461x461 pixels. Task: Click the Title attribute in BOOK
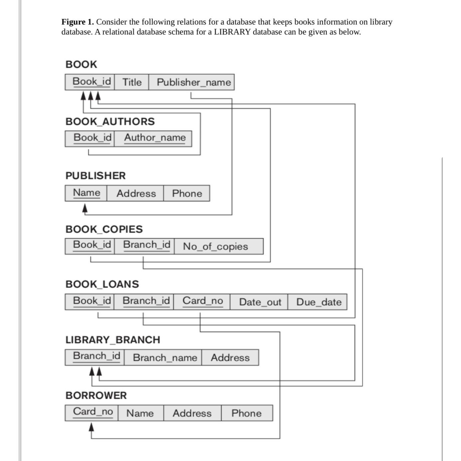click(x=132, y=82)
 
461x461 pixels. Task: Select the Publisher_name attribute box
click(x=193, y=82)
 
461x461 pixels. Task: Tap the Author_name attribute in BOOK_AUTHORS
click(x=155, y=138)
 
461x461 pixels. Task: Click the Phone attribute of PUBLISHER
click(x=187, y=193)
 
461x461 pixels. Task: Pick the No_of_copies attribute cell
click(x=215, y=246)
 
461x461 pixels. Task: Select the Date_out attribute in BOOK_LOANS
click(x=260, y=302)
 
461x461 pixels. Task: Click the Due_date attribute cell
click(x=319, y=302)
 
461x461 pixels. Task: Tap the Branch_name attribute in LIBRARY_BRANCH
click(x=165, y=357)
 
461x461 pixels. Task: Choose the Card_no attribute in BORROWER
click(x=93, y=412)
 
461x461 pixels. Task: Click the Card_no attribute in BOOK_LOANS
click(x=202, y=301)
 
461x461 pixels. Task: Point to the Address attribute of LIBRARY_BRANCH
click(x=230, y=357)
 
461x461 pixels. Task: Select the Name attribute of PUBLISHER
click(x=87, y=193)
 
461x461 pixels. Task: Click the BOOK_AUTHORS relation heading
click(x=110, y=121)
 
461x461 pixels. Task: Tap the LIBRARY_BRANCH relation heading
click(x=113, y=340)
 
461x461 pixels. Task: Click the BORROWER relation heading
click(x=96, y=395)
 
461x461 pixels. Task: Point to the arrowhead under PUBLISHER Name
click(x=85, y=209)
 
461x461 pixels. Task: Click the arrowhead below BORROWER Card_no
click(x=92, y=427)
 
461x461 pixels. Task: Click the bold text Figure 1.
click(x=78, y=22)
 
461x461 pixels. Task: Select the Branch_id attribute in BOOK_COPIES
click(x=146, y=245)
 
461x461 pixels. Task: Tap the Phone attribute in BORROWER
click(x=246, y=413)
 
